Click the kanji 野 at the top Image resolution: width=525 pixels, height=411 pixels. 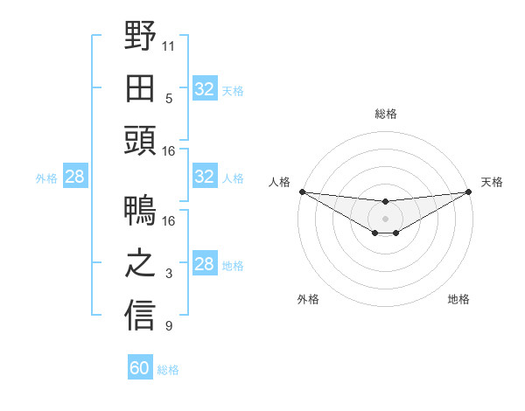click(x=140, y=37)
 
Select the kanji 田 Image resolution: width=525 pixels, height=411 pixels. click(x=140, y=89)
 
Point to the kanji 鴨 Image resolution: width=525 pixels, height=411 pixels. click(x=140, y=212)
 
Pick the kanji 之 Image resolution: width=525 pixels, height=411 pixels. click(x=140, y=264)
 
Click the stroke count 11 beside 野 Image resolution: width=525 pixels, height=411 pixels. click(x=169, y=45)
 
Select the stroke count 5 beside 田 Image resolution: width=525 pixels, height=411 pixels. click(x=169, y=98)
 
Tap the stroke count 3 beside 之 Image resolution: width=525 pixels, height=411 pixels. click(x=169, y=274)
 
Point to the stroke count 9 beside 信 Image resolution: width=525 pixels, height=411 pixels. click(x=169, y=326)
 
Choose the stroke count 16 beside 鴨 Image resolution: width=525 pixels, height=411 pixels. click(x=169, y=220)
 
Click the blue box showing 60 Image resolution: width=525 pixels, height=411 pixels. click(x=140, y=368)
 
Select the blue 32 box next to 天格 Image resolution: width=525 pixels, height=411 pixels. click(x=205, y=89)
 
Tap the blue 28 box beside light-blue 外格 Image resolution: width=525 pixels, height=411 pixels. click(x=75, y=178)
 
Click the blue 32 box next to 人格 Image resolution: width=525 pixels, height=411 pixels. click(x=205, y=178)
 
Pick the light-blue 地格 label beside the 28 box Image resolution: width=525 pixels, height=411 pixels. click(x=233, y=266)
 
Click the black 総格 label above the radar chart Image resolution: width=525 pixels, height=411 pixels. click(x=385, y=114)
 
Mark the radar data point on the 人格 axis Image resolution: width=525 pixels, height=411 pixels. click(x=302, y=192)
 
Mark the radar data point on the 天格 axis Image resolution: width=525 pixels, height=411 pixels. click(x=468, y=192)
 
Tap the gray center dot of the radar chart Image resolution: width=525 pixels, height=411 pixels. click(x=385, y=218)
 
